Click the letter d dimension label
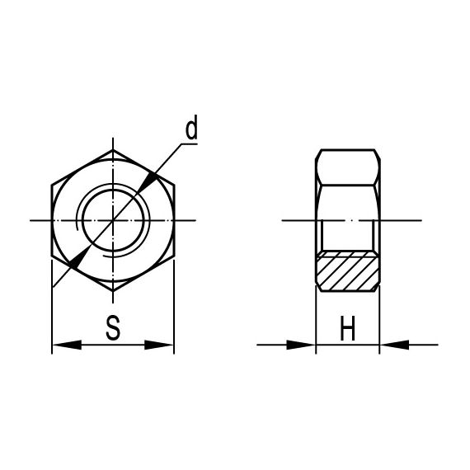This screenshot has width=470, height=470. tap(191, 129)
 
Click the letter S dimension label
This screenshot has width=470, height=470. tap(114, 328)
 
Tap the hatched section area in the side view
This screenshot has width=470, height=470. tap(347, 271)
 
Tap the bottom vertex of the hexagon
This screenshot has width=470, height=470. tap(113, 290)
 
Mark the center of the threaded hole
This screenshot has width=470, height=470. tap(113, 220)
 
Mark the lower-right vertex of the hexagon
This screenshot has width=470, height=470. tap(174, 256)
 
